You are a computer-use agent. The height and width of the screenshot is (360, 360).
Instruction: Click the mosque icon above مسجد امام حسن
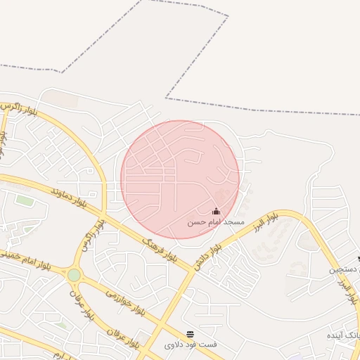pyautogui.click(x=216, y=211)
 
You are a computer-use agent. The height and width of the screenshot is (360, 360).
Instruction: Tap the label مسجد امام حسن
pyautogui.click(x=215, y=221)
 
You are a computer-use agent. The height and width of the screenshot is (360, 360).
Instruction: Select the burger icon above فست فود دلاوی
pyautogui.click(x=190, y=333)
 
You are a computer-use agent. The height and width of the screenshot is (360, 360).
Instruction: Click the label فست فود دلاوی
pyautogui.click(x=191, y=345)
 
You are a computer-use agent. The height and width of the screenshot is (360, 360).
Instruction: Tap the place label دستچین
pyautogui.click(x=346, y=269)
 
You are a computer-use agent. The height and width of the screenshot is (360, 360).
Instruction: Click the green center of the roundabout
pyautogui.click(x=75, y=274)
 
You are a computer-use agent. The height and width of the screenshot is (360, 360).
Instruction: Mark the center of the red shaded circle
pyautogui.click(x=181, y=179)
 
